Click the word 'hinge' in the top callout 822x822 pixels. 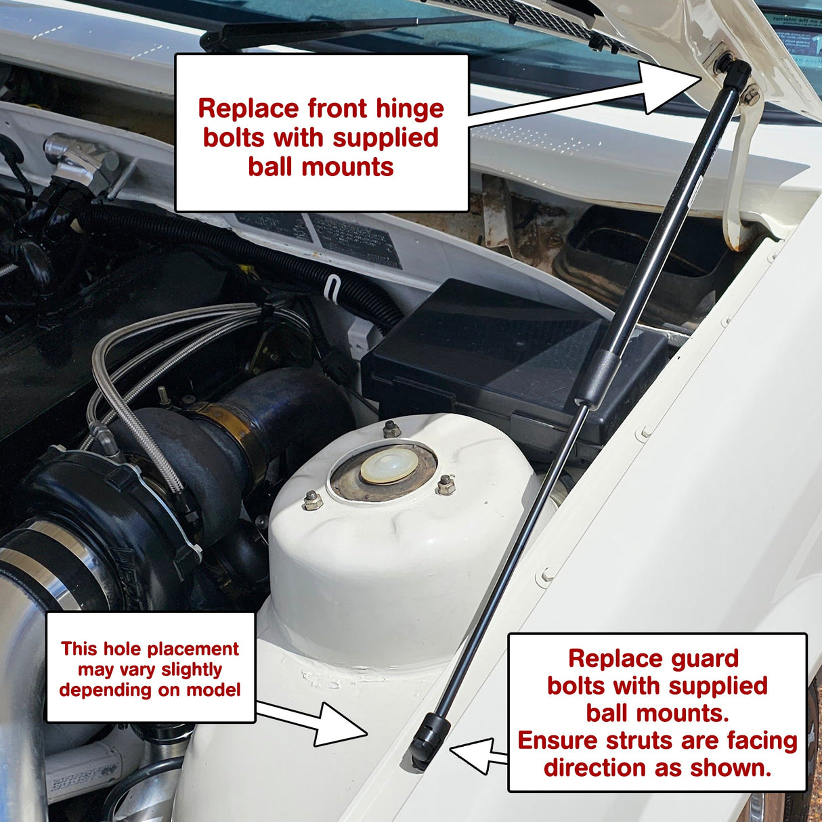tap(410, 109)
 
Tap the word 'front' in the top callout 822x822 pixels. tap(337, 109)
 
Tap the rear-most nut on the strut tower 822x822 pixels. tap(389, 429)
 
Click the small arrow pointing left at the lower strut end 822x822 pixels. tap(478, 755)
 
